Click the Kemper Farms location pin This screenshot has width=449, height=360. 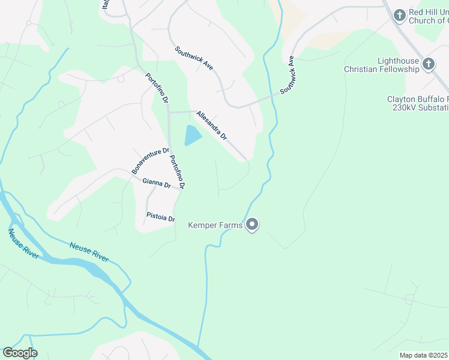252,225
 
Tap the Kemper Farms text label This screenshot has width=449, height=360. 215,226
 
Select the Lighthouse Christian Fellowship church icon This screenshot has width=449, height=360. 428,64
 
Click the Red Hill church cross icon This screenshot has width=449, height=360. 400,15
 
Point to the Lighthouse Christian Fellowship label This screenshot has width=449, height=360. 381,65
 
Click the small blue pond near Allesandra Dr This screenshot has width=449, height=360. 193,136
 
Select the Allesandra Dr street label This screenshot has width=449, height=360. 211,125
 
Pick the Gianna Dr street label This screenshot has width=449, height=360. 156,184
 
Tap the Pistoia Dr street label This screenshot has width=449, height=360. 160,217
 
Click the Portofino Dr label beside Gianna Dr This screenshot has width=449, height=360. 176,173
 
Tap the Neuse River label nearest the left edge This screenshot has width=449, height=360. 23,244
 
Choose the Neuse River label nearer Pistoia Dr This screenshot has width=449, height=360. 89,251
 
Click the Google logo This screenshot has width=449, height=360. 20,353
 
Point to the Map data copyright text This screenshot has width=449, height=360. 424,355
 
